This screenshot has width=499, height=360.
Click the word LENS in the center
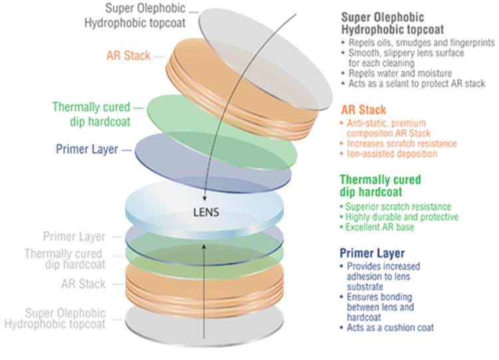click(206, 213)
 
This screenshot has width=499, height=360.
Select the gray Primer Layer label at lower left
click(73, 236)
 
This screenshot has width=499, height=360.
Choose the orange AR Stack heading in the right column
click(363, 109)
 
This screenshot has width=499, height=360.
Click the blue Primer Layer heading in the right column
click(372, 253)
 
